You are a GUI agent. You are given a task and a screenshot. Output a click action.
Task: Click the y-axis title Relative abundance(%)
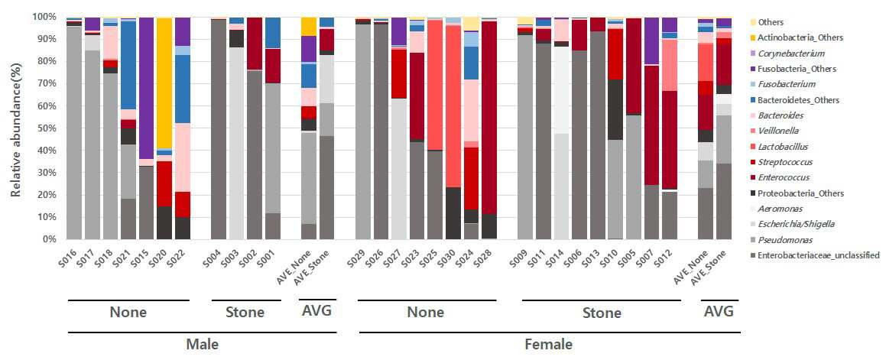pos(17,128)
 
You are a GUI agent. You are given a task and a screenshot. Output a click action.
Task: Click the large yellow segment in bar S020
pos(164,83)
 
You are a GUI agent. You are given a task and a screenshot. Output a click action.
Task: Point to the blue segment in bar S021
pos(129,65)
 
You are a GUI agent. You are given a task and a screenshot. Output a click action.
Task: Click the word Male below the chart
pos(203,344)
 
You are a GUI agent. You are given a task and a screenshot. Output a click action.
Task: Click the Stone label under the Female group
pos(601,313)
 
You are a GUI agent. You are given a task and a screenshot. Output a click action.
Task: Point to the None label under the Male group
pos(128,312)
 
